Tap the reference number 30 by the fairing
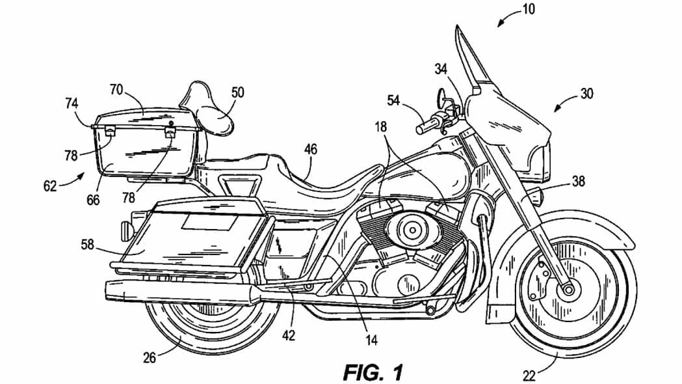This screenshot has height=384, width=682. pyautogui.click(x=586, y=94)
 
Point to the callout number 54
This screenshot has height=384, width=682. pyautogui.click(x=393, y=100)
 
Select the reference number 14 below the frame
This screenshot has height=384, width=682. pyautogui.click(x=371, y=340)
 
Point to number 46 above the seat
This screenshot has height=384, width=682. pyautogui.click(x=311, y=150)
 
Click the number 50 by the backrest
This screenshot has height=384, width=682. pyautogui.click(x=238, y=92)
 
